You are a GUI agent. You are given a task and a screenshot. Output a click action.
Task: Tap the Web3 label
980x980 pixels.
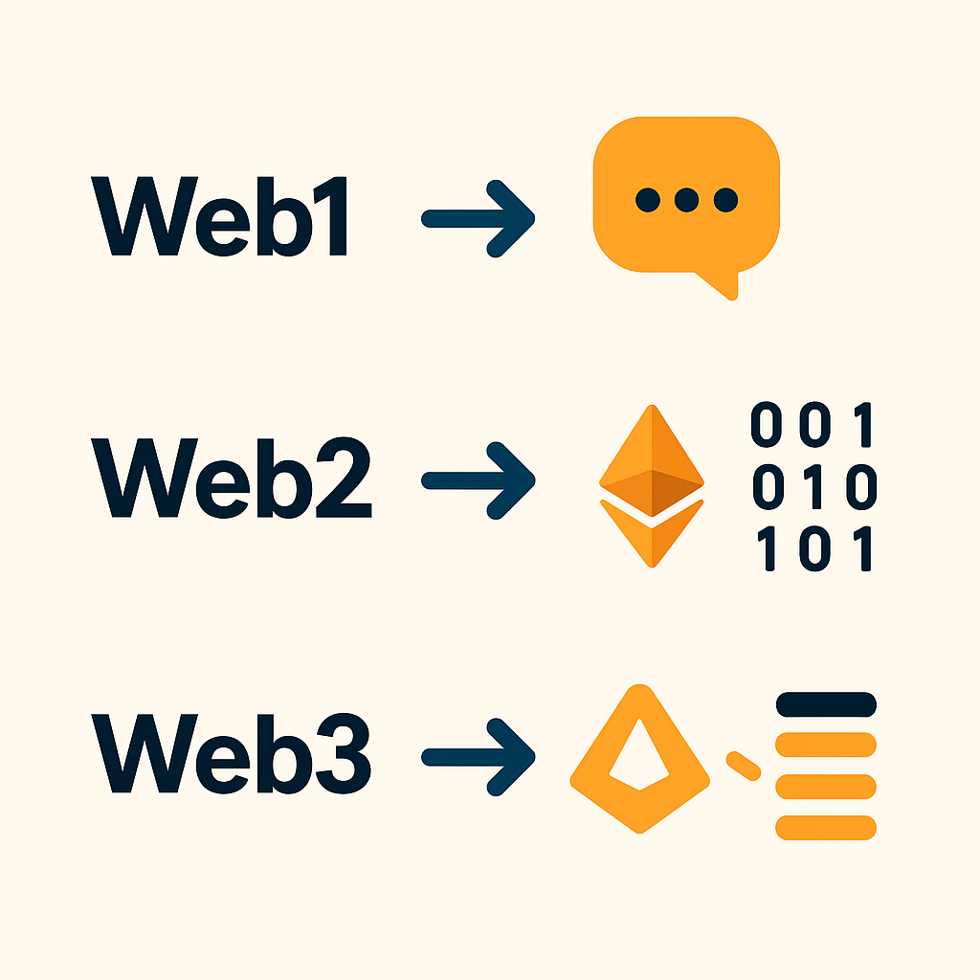(x=231, y=754)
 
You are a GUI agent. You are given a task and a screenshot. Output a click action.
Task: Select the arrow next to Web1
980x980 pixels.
(x=477, y=219)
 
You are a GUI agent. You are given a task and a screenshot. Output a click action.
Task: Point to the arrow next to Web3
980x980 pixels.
(x=477, y=754)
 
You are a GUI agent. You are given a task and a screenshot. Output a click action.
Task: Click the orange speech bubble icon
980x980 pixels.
(x=686, y=191)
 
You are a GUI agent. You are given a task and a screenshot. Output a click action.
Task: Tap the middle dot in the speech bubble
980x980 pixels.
(x=686, y=199)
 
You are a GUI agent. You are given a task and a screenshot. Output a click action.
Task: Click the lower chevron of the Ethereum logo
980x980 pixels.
(x=651, y=536)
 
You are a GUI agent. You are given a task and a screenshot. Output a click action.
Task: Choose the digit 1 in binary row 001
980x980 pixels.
(x=863, y=426)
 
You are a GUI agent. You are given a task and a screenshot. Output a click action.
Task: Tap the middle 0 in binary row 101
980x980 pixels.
(x=815, y=550)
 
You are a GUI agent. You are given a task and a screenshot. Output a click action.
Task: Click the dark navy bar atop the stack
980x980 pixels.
(x=826, y=704)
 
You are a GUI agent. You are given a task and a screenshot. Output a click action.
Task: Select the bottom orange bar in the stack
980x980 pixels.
(x=826, y=827)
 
